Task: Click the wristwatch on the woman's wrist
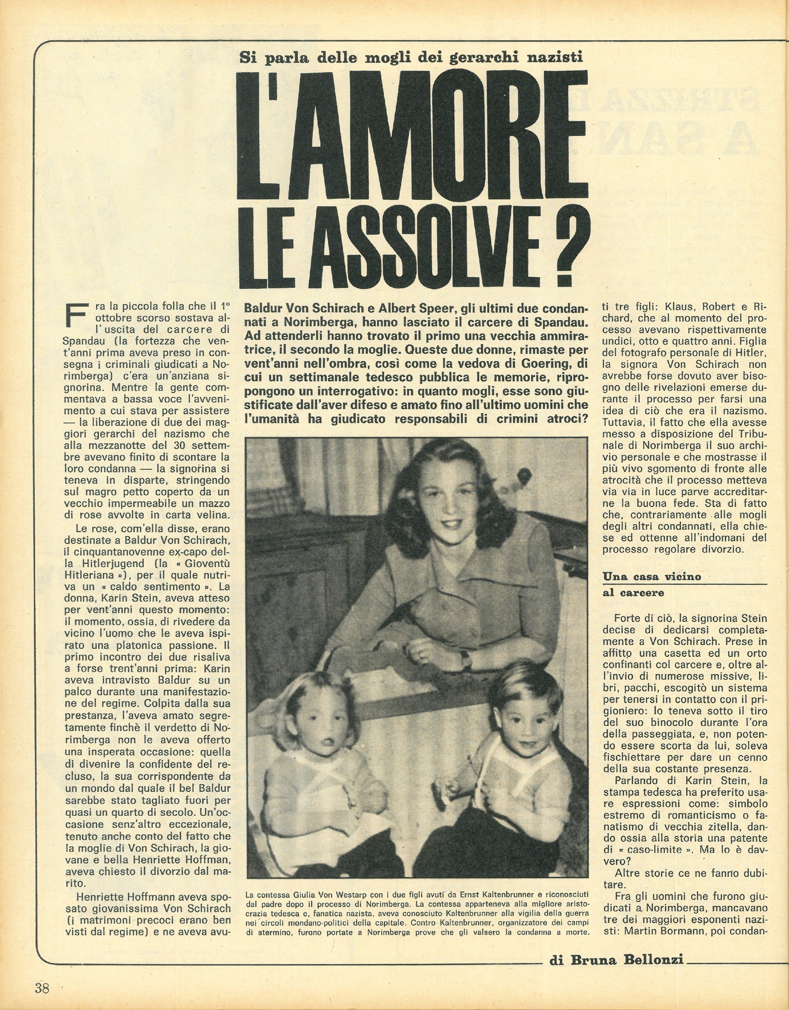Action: pos(465,659)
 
